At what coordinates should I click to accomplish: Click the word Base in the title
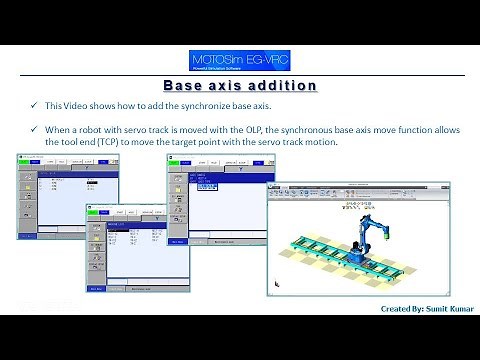[x=184, y=86]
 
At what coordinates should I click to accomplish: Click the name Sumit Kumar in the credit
[x=439, y=311]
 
